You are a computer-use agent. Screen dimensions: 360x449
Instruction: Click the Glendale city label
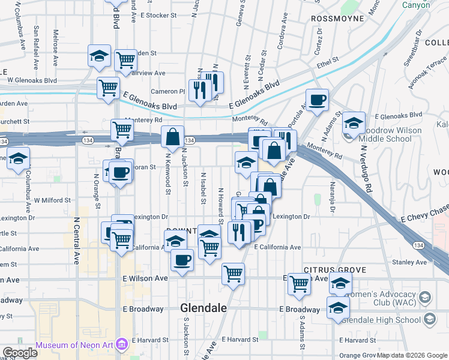204,308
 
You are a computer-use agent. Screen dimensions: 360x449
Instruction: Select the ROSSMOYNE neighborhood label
337,19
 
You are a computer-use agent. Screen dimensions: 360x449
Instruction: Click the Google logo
19,353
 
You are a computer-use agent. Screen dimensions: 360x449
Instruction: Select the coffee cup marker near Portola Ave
317,99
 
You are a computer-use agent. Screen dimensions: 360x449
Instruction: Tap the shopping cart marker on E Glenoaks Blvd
108,87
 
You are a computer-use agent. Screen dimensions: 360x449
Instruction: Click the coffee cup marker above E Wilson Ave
182,260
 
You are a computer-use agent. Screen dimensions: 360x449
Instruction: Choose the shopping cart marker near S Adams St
298,284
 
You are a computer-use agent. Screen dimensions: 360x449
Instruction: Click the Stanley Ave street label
409,262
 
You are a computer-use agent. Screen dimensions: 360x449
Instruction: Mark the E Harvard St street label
240,340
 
